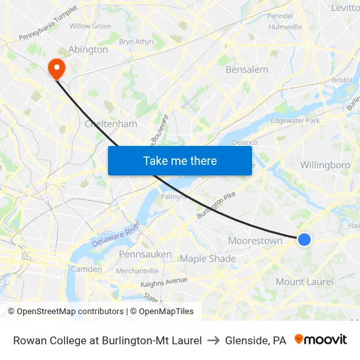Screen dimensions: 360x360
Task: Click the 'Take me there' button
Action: pyautogui.click(x=179, y=160)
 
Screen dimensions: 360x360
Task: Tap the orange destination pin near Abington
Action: pyautogui.click(x=56, y=67)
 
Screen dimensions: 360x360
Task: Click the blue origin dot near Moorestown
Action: pyautogui.click(x=304, y=240)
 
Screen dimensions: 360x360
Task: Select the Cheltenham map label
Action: pyautogui.click(x=111, y=124)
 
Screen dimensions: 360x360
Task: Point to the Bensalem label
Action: pyautogui.click(x=247, y=69)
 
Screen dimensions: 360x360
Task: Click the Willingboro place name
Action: pyautogui.click(x=325, y=165)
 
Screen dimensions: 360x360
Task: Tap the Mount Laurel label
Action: pyautogui.click(x=304, y=282)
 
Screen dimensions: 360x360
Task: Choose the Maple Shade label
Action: pyautogui.click(x=207, y=259)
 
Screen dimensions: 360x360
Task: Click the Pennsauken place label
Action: pyautogui.click(x=145, y=254)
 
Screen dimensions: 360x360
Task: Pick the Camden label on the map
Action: pyautogui.click(x=86, y=269)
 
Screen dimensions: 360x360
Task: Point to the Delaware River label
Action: pyautogui.click(x=116, y=234)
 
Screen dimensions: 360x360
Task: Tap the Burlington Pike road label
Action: pyautogui.click(x=215, y=204)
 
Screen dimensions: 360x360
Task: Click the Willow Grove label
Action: pyautogui.click(x=90, y=26)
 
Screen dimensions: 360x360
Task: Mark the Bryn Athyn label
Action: pyautogui.click(x=135, y=41)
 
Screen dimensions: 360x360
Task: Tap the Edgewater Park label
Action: pyautogui.click(x=295, y=120)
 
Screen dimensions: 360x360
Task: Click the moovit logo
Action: pyautogui.click(x=321, y=340)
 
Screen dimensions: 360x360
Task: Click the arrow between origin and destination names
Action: pyautogui.click(x=213, y=340)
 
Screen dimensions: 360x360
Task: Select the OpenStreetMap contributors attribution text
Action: pyautogui.click(x=65, y=312)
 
